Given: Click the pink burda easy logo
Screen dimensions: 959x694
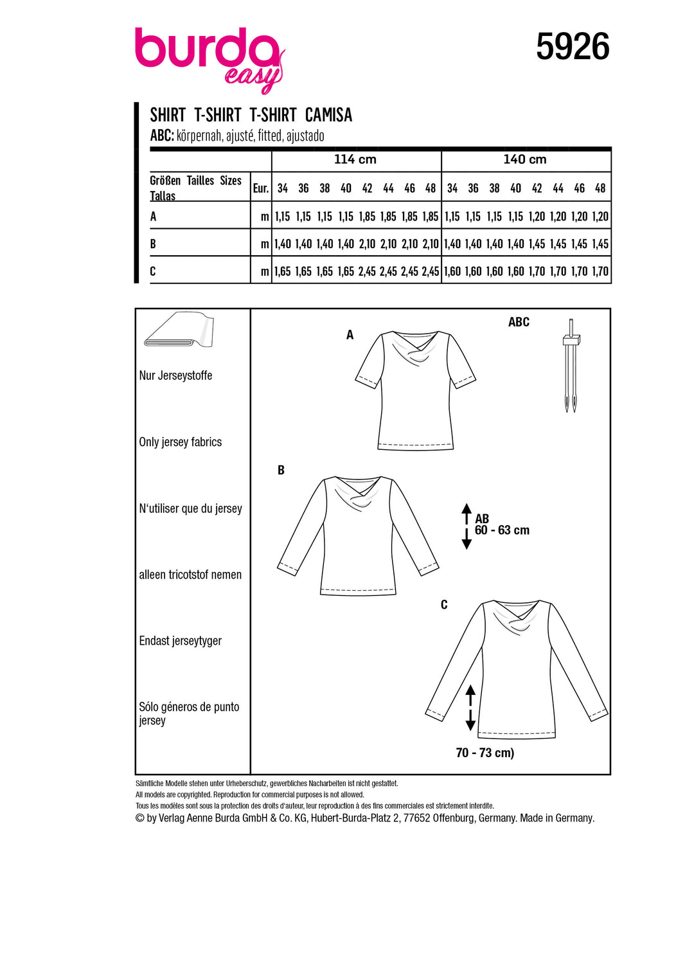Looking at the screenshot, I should click(x=209, y=58).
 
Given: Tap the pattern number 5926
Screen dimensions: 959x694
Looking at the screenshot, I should click(x=573, y=47).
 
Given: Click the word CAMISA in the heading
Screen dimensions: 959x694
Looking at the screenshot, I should click(x=328, y=115).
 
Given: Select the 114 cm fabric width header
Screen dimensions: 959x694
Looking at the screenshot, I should click(x=355, y=159).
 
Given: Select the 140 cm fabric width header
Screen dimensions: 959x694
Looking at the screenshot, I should click(x=525, y=159).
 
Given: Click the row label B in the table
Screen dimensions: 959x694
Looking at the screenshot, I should click(x=153, y=244).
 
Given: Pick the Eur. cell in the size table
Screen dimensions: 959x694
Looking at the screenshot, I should click(x=260, y=188).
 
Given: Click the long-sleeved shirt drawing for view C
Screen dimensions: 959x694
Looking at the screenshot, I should click(x=516, y=668).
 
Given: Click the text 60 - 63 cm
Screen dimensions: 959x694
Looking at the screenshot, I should click(x=502, y=530).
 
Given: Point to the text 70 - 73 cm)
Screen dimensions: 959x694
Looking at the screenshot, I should click(x=485, y=753).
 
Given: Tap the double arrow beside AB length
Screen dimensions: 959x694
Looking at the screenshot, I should click(x=467, y=526).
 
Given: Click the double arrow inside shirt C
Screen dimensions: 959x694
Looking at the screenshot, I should click(x=470, y=708).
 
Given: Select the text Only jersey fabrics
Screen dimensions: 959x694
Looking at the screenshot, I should click(x=181, y=442).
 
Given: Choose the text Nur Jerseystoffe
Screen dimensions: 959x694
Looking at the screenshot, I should click(x=175, y=375).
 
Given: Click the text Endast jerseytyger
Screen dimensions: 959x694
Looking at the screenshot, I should click(x=181, y=641).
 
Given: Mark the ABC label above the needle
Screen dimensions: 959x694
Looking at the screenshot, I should click(x=519, y=322).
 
